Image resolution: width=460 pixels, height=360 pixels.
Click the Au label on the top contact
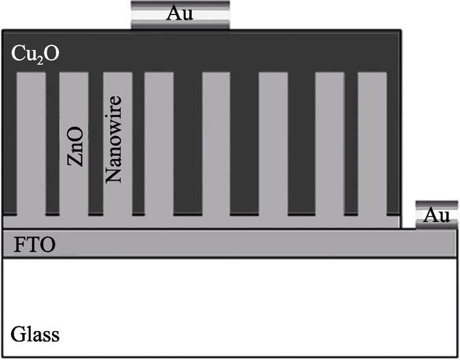coord(179,14)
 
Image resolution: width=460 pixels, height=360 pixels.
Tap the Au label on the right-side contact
coord(437,215)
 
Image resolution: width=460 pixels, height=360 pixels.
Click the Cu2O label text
coord(35,55)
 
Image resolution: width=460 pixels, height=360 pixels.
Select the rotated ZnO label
coord(76,146)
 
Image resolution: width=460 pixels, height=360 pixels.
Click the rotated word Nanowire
coord(113,139)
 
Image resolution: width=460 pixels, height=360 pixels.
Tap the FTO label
coord(35,245)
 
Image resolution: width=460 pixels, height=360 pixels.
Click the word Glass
coord(35,334)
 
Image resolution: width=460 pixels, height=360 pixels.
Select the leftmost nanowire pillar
coord(32,144)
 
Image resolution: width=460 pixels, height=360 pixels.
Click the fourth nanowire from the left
coord(159,144)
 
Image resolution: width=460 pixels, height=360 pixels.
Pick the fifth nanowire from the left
coord(216,144)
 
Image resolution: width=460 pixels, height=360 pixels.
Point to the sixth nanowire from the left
coord(273,144)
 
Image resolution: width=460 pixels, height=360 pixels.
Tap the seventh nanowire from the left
coord(329,144)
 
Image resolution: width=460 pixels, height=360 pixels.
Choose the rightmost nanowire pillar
coord(373,144)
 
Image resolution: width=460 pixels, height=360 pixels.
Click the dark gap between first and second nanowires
coord(53,144)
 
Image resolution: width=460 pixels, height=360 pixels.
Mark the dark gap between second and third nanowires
coord(96,144)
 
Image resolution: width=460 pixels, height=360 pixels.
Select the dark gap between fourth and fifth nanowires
coord(188,144)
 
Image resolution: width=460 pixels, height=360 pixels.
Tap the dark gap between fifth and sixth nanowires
coord(244,144)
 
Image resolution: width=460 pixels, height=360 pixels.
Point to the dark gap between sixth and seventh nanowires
coord(301,144)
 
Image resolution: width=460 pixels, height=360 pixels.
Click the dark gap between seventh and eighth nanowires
coord(351,144)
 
